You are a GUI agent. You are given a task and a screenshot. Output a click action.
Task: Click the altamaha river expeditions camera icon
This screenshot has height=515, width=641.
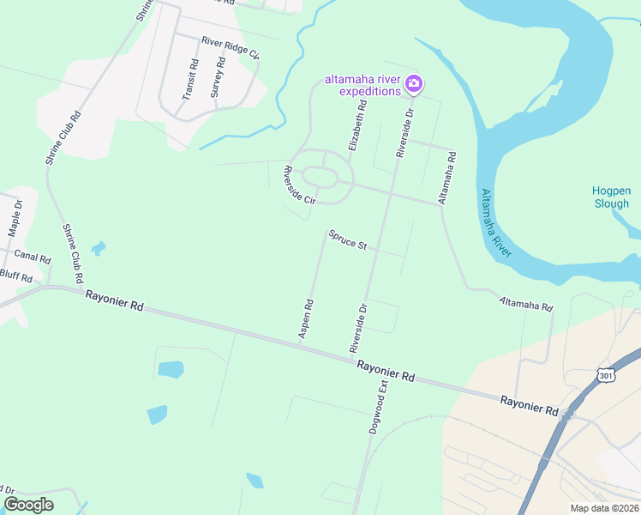[414, 83]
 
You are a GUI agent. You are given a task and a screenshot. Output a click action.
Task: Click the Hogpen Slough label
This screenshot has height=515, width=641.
[611, 197]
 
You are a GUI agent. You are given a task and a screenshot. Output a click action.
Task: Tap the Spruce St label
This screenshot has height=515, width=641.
[347, 240]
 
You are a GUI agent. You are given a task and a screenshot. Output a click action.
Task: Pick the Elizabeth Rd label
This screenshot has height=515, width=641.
[357, 127]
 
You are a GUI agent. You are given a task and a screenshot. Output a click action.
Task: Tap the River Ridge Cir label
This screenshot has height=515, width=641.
[231, 45]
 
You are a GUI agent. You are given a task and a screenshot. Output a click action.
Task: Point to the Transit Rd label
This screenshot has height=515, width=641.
[190, 79]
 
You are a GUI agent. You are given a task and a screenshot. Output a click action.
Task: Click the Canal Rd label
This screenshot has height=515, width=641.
[33, 256]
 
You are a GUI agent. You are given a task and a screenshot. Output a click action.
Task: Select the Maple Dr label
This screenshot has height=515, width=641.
[15, 220]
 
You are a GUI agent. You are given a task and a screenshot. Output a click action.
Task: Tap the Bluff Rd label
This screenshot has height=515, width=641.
[15, 277]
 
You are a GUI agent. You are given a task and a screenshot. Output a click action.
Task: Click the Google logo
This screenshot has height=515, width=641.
[29, 504]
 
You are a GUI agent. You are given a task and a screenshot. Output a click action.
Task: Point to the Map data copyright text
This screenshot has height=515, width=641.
[603, 508]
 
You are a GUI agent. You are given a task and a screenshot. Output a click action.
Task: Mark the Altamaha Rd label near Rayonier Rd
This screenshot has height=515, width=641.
[526, 303]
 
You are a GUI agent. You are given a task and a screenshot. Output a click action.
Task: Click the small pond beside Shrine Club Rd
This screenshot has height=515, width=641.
[99, 249]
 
